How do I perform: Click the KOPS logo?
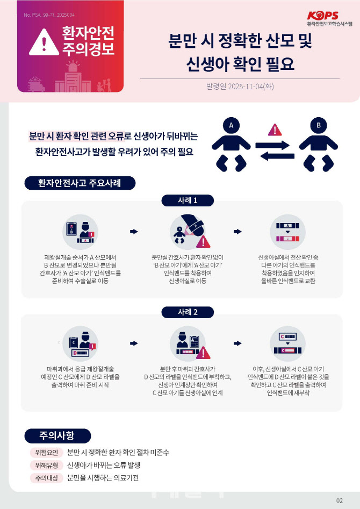click(329, 19)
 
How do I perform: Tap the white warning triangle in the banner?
click(44, 42)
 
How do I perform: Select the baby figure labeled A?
click(231, 145)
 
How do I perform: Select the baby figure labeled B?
click(319, 145)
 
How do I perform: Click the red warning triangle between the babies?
click(275, 130)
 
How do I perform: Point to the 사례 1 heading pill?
click(188, 200)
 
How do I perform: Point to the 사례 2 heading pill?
click(188, 312)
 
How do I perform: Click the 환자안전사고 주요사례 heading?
click(80, 183)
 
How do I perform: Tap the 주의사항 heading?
click(57, 436)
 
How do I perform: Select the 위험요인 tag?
click(46, 453)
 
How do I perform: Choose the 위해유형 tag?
click(46, 465)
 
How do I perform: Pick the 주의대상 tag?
click(46, 478)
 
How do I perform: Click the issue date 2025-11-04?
click(245, 87)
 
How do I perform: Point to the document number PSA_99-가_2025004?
click(49, 15)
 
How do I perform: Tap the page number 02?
click(339, 500)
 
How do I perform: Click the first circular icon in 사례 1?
click(80, 232)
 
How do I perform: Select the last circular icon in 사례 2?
click(287, 344)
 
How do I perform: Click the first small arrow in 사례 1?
click(134, 232)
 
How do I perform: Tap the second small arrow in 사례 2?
click(237, 343)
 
